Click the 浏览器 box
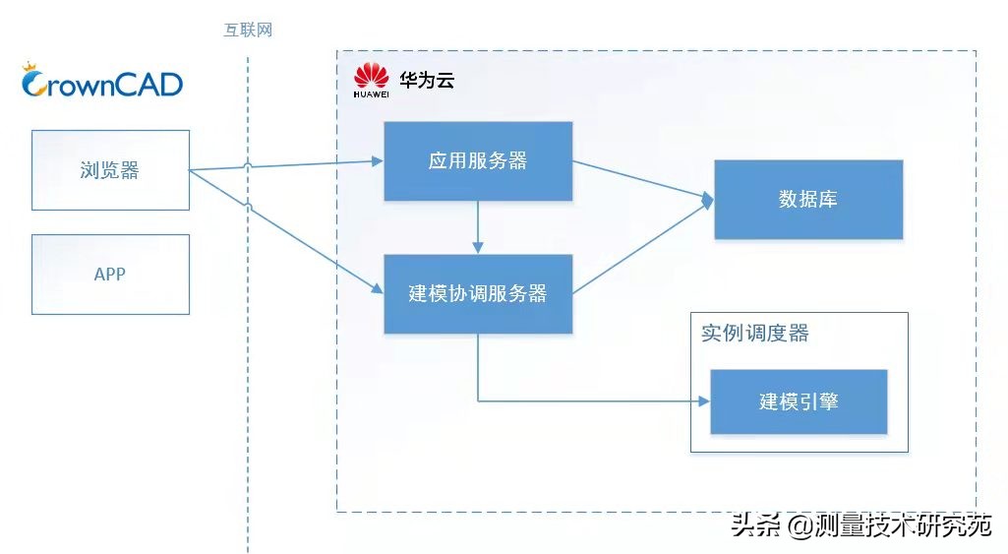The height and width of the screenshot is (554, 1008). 110,170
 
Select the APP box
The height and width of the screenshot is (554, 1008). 110,275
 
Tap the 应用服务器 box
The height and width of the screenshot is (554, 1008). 478,160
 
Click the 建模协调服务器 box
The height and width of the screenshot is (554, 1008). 478,293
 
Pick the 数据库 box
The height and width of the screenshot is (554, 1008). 808,200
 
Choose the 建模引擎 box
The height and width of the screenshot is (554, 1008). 799,401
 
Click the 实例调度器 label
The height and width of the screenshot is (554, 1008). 754,334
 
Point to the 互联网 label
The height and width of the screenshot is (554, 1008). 248,30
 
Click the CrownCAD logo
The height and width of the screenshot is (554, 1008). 102,81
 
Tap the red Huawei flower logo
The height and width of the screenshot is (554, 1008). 371,76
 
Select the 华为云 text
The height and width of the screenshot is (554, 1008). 427,80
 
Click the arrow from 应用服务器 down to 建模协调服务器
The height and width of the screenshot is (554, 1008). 478,227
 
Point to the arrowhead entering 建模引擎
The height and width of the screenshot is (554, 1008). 704,401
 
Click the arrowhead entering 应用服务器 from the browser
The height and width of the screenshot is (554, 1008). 378,160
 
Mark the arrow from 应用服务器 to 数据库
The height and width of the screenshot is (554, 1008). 643,179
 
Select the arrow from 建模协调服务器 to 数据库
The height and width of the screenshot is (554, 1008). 643,248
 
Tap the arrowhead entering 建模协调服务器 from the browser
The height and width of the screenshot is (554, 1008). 378,289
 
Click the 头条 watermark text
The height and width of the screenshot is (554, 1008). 756,525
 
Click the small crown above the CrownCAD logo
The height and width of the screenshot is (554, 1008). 30,66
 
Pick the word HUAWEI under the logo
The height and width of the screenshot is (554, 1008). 371,94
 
